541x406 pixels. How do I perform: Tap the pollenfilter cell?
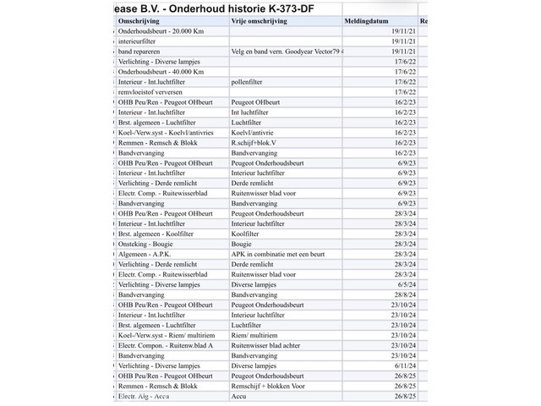(250, 82)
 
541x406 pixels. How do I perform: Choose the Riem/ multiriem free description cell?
(254, 335)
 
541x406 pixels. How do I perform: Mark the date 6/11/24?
(404, 365)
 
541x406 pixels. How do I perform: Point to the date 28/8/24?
(404, 294)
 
